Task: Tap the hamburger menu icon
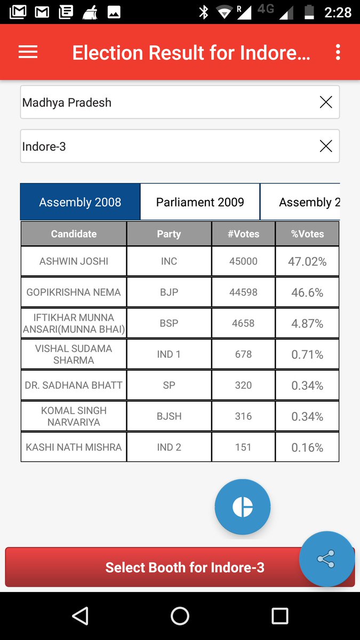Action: tap(28, 52)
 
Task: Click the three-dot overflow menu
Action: tap(338, 52)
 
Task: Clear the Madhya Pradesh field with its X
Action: tap(325, 102)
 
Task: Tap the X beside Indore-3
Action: tap(325, 146)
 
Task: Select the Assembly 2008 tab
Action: tap(80, 202)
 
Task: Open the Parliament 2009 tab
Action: tap(200, 202)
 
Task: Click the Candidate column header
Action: tap(74, 234)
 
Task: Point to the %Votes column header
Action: tap(307, 234)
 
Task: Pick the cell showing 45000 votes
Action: tap(243, 261)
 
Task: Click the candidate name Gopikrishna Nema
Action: tap(74, 292)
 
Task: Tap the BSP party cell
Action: tap(169, 323)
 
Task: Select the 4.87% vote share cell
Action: tap(307, 323)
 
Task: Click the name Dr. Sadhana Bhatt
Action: tap(74, 385)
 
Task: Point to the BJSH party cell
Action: tap(169, 416)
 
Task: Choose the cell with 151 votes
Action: tap(243, 447)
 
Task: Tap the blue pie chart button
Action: tap(243, 507)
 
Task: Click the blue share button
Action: tap(326, 559)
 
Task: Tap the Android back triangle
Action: tap(80, 616)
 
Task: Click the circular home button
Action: tap(180, 616)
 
